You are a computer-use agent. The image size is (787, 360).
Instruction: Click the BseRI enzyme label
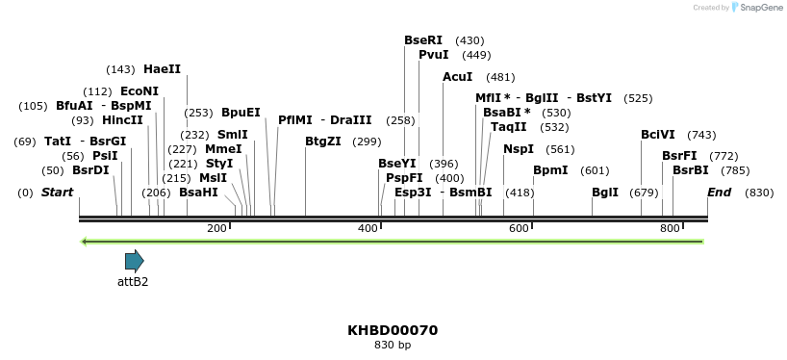tap(423, 40)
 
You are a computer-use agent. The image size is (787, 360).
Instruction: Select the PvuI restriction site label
tap(433, 55)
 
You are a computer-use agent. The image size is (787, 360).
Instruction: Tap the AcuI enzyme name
tap(457, 77)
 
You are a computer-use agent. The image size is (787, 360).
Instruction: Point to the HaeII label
tap(162, 69)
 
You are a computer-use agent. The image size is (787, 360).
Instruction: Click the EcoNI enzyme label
tap(140, 91)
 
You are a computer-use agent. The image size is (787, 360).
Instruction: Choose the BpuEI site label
tap(241, 113)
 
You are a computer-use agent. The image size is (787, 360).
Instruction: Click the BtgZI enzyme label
tap(322, 141)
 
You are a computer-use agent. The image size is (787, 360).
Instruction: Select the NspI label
tap(519, 149)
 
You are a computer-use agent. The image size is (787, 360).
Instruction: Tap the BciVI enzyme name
tap(658, 135)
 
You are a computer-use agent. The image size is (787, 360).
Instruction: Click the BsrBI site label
tap(690, 170)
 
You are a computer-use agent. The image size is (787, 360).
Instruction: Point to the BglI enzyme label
tap(605, 193)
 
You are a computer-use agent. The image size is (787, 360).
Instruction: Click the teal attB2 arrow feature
tap(134, 261)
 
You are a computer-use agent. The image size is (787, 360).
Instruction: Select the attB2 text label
tap(133, 282)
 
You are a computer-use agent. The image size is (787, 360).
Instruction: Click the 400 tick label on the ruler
tap(368, 228)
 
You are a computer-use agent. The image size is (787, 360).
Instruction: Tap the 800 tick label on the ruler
tap(670, 228)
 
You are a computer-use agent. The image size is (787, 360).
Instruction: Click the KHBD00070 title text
tap(393, 330)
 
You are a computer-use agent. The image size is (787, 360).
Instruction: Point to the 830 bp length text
tap(393, 345)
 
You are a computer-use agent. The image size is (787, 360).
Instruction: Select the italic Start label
tap(57, 193)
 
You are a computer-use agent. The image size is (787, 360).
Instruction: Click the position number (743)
tap(701, 135)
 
